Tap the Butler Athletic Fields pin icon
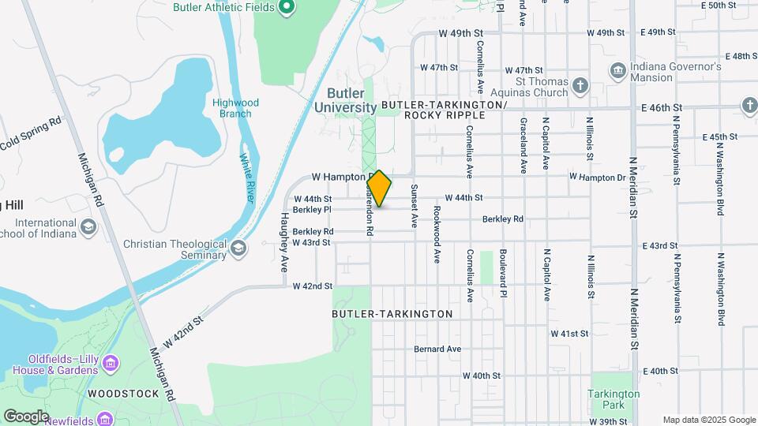287,8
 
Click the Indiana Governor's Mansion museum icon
618,72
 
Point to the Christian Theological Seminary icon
238,249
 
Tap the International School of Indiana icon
88,228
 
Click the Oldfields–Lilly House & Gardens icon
111,364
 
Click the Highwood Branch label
235,108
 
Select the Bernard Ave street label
437,349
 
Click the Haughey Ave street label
284,242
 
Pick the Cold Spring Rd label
31,135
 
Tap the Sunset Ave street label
413,207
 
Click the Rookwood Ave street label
436,234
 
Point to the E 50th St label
719,6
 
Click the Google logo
26,416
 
